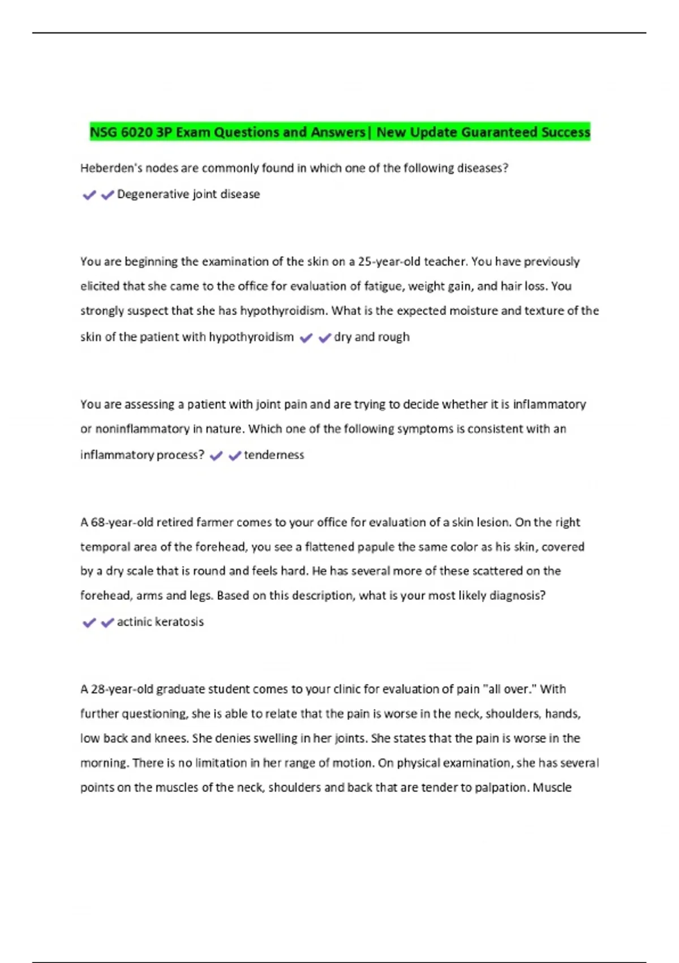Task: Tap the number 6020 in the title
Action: click(136, 133)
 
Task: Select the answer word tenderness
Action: click(274, 455)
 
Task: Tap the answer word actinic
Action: click(134, 622)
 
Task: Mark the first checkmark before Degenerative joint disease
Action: click(89, 195)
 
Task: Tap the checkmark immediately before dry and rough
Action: click(324, 338)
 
